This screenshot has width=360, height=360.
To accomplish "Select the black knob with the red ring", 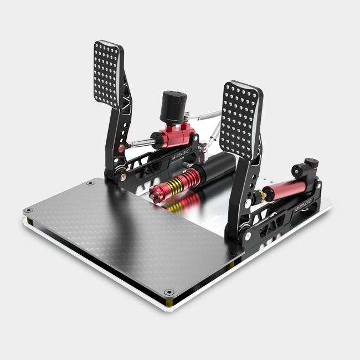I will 312,164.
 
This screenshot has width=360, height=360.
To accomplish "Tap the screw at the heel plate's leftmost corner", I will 28,211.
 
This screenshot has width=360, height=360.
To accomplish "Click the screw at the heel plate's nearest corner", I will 169,292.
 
